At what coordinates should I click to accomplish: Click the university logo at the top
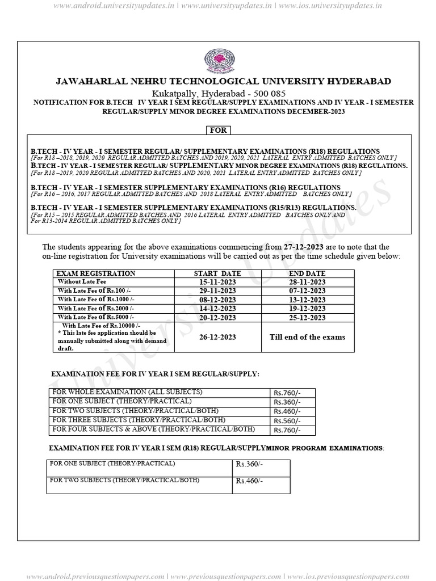pos(219,61)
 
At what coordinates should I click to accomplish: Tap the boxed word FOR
pos(219,130)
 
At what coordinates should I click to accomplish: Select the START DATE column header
pos(217,273)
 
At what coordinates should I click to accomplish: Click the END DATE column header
pos(307,273)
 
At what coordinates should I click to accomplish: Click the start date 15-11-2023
pos(217,282)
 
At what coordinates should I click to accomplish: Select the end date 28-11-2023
pos(307,282)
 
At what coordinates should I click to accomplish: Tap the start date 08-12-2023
pos(217,300)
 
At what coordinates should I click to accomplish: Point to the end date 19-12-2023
pos(307,309)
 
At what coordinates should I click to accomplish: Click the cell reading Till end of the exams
pos(307,337)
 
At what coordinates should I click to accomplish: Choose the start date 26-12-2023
pos(217,337)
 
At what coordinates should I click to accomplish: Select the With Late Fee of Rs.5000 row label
pos(96,317)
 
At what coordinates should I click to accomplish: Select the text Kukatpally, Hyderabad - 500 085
pos(219,93)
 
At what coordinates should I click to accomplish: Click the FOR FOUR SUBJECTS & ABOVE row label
pos(153,430)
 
